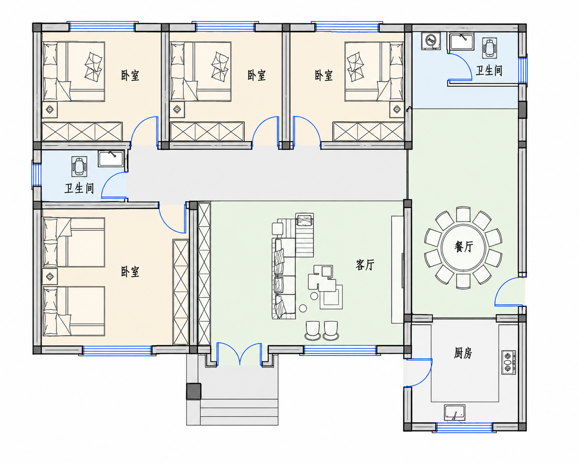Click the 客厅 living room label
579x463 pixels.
tap(365, 265)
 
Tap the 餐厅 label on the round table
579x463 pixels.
tap(463, 247)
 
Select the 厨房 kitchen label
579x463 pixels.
tap(463, 353)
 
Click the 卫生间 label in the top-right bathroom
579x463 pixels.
tap(489, 71)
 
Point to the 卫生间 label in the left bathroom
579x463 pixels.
tap(79, 188)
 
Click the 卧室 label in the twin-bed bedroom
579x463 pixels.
tap(130, 272)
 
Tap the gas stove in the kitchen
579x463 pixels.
tap(508, 362)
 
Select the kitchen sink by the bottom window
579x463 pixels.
tap(454, 413)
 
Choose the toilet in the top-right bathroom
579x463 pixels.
tap(489, 47)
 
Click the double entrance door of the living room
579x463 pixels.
tap(239, 354)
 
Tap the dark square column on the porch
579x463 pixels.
tap(194, 391)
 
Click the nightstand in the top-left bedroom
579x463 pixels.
tap(50, 109)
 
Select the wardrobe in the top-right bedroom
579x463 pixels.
tap(369, 131)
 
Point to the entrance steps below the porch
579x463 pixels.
tap(239, 412)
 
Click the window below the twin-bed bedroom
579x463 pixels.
tap(117, 350)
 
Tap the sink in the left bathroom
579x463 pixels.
tap(111, 159)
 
